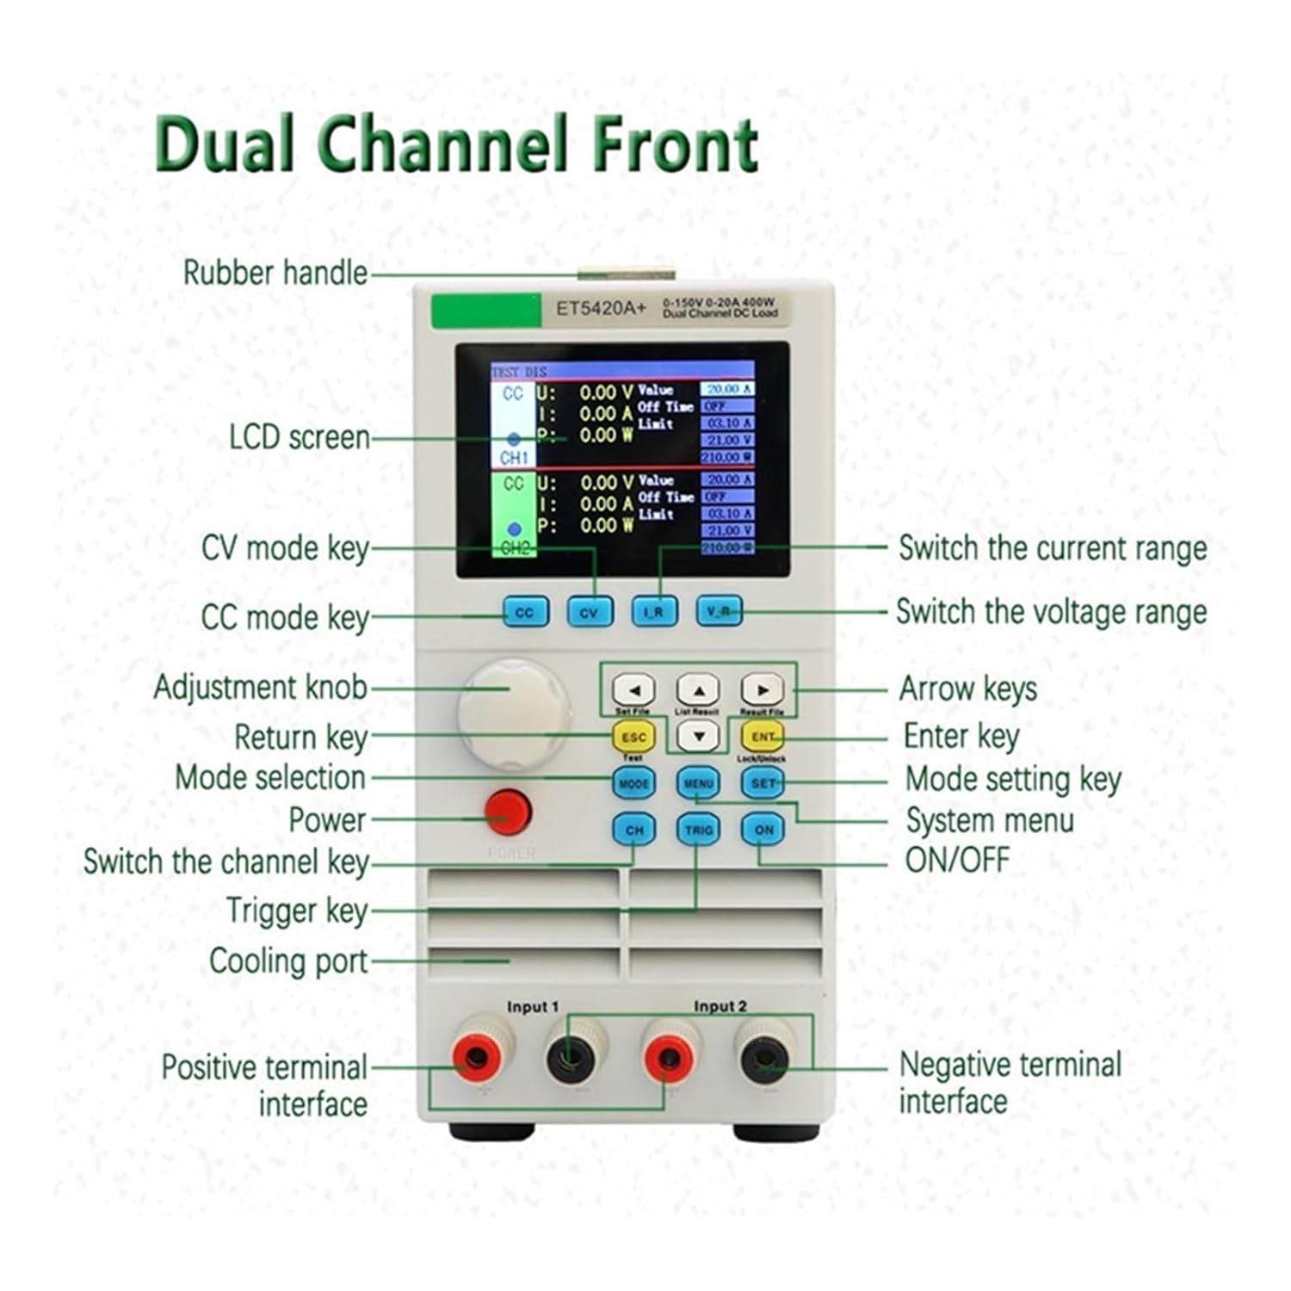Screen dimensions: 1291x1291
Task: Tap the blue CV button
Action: pos(590,613)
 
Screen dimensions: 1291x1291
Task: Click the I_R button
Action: pos(654,612)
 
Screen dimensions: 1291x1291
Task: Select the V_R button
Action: pos(719,611)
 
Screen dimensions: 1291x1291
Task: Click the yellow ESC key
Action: pos(633,738)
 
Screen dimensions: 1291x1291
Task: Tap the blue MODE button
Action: pos(633,783)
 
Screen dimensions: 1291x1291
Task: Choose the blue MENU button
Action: pos(698,783)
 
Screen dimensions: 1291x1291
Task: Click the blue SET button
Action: pos(763,783)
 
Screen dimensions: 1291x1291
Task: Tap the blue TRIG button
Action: pos(698,830)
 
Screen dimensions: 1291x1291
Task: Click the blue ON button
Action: pos(763,830)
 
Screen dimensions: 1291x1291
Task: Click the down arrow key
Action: pos(698,736)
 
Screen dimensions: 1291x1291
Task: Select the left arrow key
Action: pos(633,689)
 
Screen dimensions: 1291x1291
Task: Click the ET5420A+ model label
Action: pos(600,308)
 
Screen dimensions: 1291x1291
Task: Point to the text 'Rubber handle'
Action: pos(275,273)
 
